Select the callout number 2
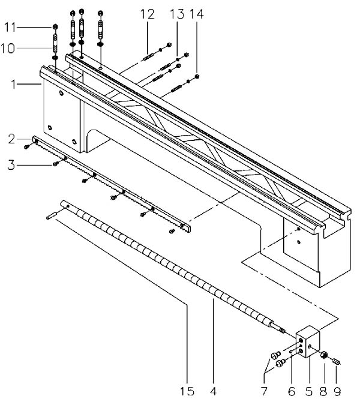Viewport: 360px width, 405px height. [11, 140]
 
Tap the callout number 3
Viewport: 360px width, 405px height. [11, 163]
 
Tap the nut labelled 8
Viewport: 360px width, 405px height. [323, 355]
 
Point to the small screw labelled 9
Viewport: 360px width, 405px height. [337, 361]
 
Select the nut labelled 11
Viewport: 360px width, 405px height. [55, 28]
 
